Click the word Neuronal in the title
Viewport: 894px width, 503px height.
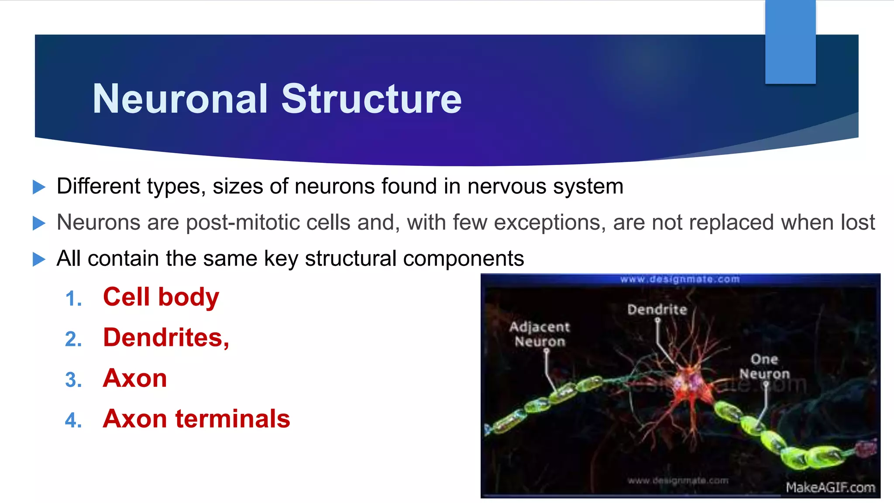pos(180,99)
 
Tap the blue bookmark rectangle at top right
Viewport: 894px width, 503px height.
pos(790,41)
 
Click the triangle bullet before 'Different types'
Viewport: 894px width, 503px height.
pos(39,187)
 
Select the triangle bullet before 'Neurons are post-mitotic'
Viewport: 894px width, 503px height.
pos(39,223)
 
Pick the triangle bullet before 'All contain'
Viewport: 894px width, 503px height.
pos(39,259)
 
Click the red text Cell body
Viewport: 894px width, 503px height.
pos(161,297)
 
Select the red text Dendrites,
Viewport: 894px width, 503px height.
pos(166,338)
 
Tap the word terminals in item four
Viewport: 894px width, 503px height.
pos(233,419)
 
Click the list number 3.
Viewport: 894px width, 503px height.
pos(73,380)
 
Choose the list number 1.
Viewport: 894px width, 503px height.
pos(73,299)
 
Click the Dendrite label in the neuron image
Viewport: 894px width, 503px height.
pos(657,310)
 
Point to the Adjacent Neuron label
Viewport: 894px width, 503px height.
pos(540,334)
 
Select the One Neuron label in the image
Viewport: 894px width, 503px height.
pos(764,366)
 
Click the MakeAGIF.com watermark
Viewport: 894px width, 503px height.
pos(830,487)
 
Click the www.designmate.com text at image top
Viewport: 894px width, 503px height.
pos(680,279)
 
